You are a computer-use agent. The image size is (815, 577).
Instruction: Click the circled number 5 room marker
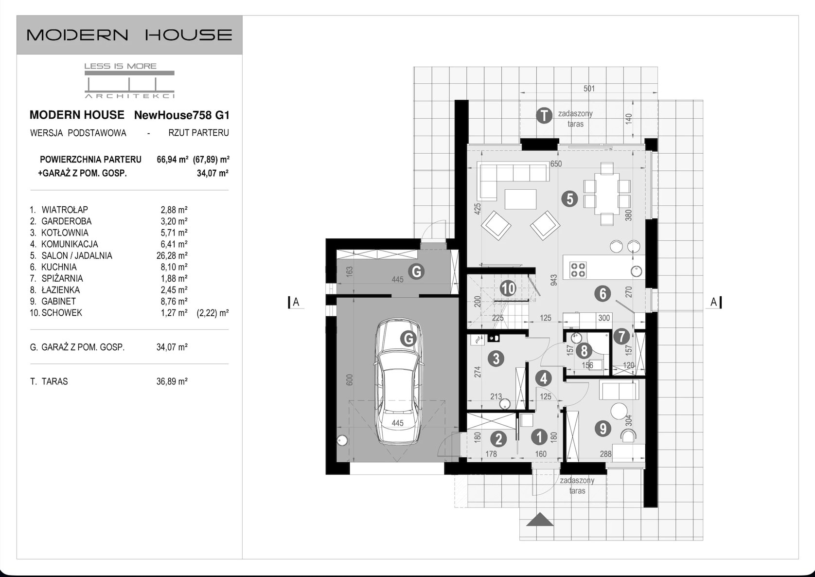pos(569,199)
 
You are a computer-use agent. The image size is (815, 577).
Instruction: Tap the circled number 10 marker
pos(508,288)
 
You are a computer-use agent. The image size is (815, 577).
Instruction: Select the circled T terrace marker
pos(544,115)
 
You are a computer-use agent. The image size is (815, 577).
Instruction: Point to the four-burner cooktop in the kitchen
pos(578,270)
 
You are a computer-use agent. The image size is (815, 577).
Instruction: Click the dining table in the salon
pos(606,194)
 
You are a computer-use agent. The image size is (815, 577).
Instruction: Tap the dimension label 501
pos(589,89)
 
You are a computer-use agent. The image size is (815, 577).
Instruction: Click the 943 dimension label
pos(553,280)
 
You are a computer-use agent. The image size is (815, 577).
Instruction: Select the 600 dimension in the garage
pos(349,379)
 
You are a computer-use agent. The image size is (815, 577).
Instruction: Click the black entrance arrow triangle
pos(540,520)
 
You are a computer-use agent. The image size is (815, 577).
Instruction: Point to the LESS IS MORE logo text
pos(121,66)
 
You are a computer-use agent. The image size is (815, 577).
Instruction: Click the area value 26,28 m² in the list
pos(172,255)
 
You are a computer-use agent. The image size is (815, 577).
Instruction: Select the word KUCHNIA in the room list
pos(59,267)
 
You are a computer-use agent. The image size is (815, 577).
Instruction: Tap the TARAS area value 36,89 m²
pos(172,381)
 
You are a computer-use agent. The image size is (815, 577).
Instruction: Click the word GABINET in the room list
pos(58,301)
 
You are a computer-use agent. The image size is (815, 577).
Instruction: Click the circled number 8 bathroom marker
pos(584,351)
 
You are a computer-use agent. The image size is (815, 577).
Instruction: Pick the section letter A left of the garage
pos(296,302)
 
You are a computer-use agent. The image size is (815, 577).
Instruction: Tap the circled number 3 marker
pos(496,359)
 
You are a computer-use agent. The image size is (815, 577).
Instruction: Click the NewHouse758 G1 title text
pos(182,115)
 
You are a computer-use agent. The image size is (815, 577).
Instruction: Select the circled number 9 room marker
pos(603,429)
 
